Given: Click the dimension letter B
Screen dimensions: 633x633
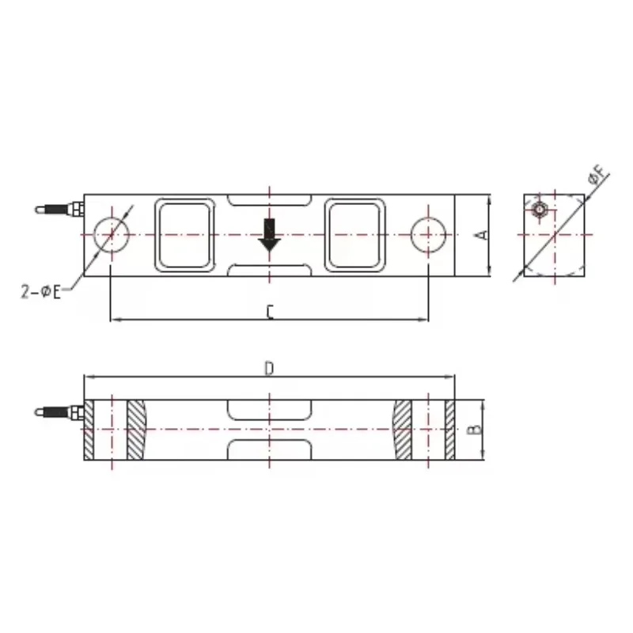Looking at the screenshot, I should pyautogui.click(x=472, y=430).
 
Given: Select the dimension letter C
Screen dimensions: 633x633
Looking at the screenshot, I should pyautogui.click(x=269, y=313).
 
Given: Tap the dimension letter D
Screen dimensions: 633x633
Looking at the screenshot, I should pyautogui.click(x=269, y=370).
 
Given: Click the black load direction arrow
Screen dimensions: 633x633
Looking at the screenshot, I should pyautogui.click(x=269, y=236).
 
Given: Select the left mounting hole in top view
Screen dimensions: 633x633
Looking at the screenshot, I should pyautogui.click(x=111, y=236).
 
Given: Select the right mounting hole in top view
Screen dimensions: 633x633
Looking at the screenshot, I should pyautogui.click(x=429, y=236).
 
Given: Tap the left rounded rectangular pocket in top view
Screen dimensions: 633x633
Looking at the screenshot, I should pyautogui.click(x=185, y=236).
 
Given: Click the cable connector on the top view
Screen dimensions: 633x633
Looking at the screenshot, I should pyautogui.click(x=59, y=210).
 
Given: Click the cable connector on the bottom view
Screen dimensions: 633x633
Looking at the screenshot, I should pyautogui.click(x=59, y=412).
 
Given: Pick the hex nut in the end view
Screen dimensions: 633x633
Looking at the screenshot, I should pyautogui.click(x=538, y=210).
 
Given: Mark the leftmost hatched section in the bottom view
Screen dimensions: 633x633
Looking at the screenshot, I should pyautogui.click(x=89, y=430).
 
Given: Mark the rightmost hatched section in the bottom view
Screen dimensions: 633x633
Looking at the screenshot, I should pyautogui.click(x=450, y=430).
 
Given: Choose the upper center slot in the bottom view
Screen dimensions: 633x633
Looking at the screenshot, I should pyautogui.click(x=269, y=410).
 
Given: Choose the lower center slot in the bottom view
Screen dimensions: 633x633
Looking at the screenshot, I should pyautogui.click(x=269, y=449).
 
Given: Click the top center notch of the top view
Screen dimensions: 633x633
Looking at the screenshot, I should pyautogui.click(x=269, y=202).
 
